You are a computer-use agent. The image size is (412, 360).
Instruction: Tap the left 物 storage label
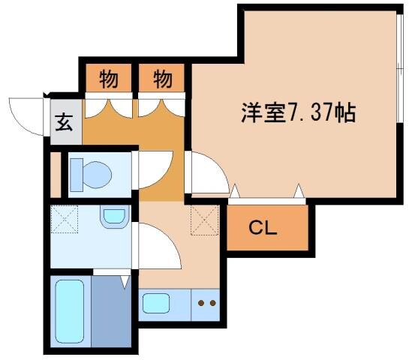[x=109, y=77]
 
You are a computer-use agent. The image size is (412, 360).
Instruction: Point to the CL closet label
[x=263, y=227]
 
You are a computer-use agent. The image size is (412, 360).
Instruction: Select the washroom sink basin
[x=114, y=217]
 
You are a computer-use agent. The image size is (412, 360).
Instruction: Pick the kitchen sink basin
[x=157, y=304]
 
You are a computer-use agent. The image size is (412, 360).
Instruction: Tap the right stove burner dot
[x=212, y=304]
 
